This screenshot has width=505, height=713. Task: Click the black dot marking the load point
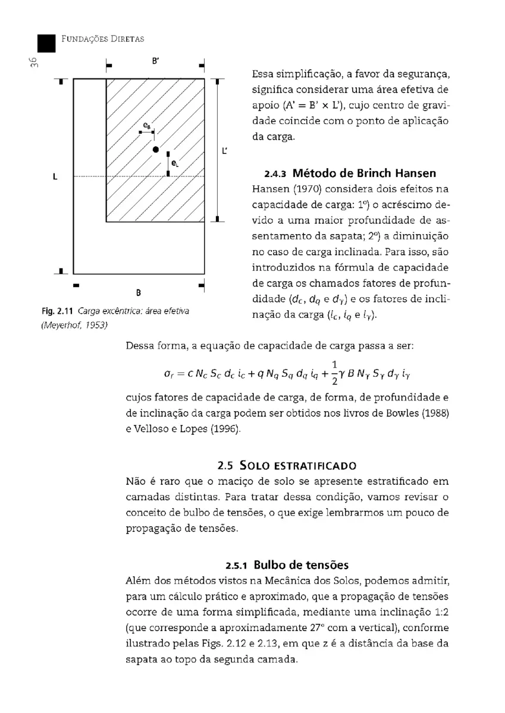(x=155, y=149)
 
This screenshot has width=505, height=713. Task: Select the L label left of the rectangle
(x=55, y=176)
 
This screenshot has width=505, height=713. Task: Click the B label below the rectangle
(x=139, y=292)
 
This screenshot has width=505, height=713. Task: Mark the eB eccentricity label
(x=147, y=125)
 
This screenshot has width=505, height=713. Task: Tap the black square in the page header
(x=46, y=43)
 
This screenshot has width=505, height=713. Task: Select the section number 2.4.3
(x=275, y=174)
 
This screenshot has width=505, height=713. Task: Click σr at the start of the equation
(x=169, y=375)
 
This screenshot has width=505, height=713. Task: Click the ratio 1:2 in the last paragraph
(x=438, y=612)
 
